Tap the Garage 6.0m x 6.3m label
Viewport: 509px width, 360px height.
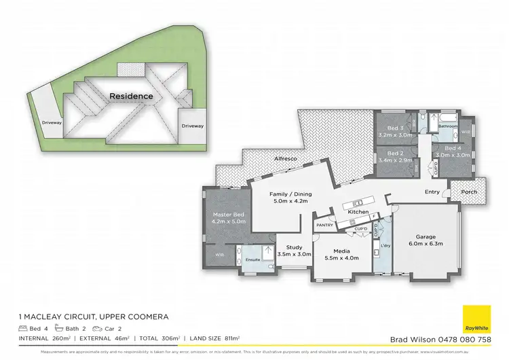(x=426, y=240)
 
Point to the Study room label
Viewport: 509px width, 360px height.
(x=294, y=251)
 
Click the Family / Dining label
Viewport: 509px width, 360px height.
(x=290, y=196)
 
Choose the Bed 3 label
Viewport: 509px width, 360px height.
(x=395, y=131)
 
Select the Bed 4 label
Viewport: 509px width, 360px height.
(x=453, y=151)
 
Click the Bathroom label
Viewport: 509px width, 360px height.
(x=447, y=126)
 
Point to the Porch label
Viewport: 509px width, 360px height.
(x=468, y=192)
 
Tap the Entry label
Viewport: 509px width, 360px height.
(x=432, y=192)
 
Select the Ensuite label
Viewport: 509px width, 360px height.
(x=253, y=259)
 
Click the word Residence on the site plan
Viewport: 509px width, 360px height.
(x=132, y=96)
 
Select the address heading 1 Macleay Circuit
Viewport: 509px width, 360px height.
(x=92, y=317)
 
